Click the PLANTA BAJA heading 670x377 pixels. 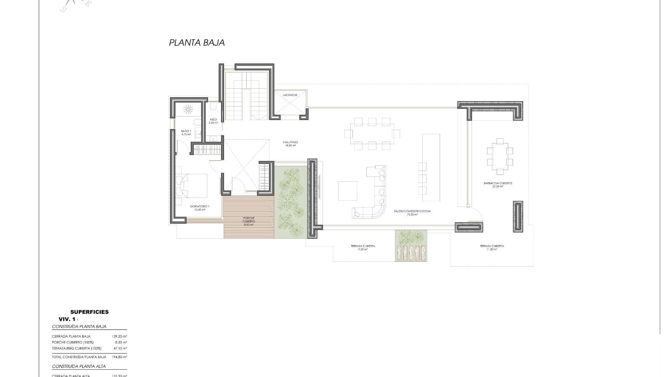point(197,43)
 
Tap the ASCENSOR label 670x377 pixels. point(290,95)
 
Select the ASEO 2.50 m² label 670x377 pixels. point(213,121)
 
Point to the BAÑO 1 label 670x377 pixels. point(186,133)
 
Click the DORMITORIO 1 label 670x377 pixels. point(200,208)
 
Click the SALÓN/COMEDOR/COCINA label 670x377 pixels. point(412,213)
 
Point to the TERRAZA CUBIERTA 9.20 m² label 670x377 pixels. point(363,247)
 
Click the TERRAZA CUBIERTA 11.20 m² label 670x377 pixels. point(492,247)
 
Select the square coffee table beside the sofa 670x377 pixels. point(348,191)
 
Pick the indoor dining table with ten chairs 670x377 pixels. point(372,134)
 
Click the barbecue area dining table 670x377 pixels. point(500,156)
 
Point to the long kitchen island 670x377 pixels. point(431,167)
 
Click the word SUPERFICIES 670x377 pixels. point(89,312)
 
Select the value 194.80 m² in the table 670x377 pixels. point(119,357)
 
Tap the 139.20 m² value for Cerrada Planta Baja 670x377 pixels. point(119,337)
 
